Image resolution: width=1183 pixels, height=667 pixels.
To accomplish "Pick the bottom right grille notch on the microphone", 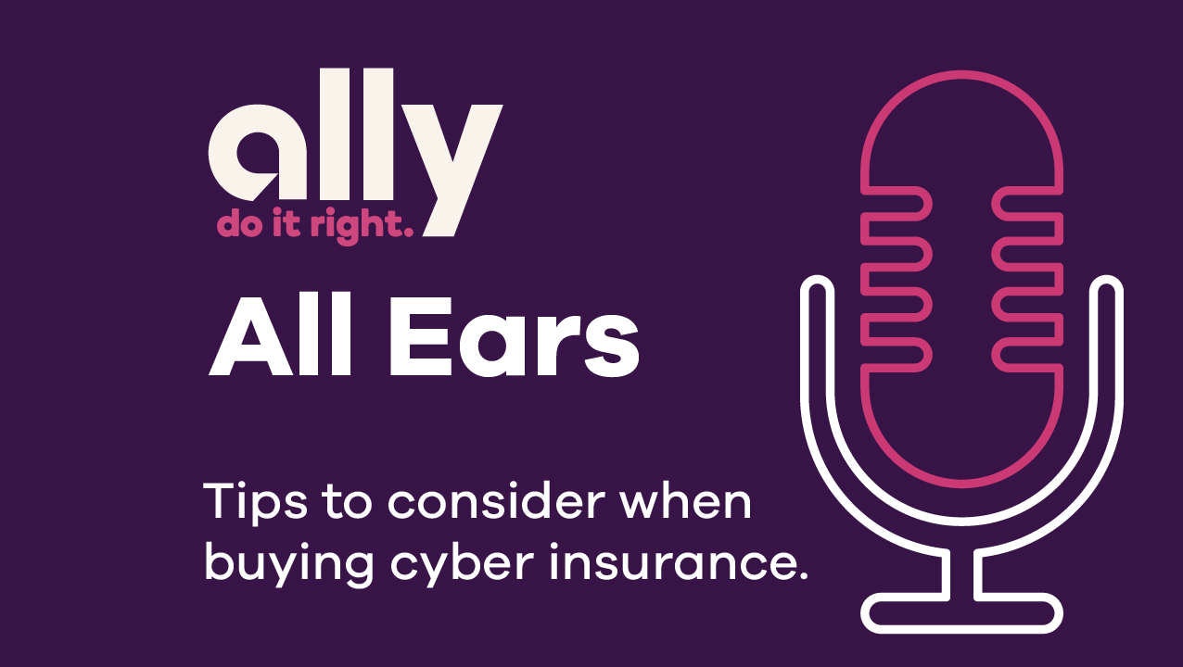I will tap(1024, 353).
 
